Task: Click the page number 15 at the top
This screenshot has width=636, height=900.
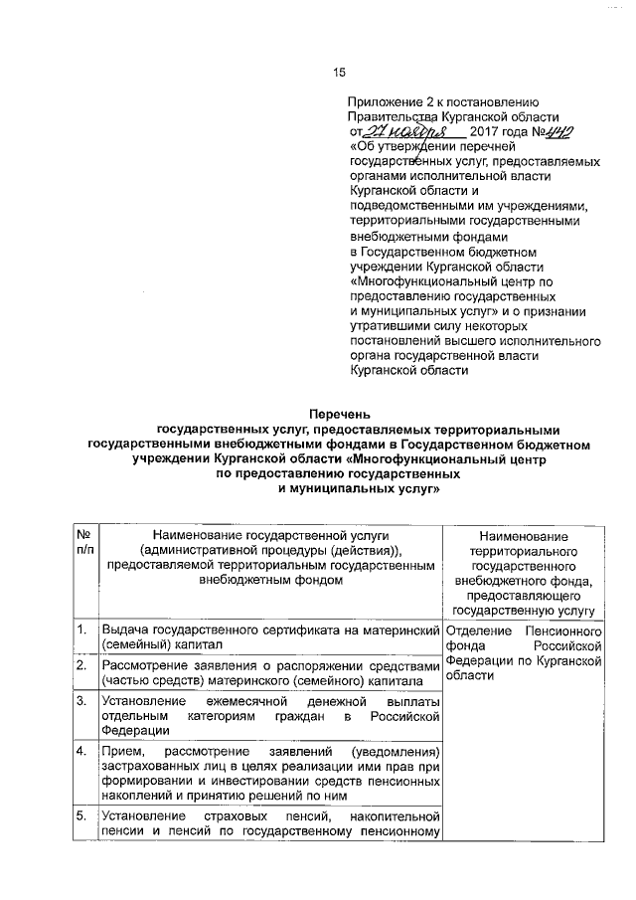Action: [339, 72]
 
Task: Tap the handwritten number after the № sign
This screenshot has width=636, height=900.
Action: [562, 132]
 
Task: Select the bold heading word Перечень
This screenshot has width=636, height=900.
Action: [338, 412]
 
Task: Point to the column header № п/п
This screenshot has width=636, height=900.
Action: [83, 548]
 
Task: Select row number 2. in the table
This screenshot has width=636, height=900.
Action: [80, 665]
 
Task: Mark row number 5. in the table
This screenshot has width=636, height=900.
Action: [80, 818]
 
